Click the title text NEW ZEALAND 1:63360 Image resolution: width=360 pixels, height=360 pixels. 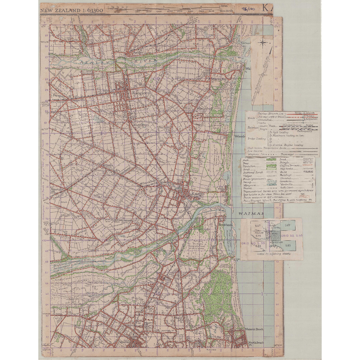(x=72, y=10)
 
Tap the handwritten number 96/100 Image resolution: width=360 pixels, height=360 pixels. (x=248, y=9)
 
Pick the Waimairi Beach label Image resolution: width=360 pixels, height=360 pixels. (x=254, y=329)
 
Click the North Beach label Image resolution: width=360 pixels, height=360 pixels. (x=256, y=343)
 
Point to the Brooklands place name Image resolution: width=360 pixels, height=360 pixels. (x=225, y=225)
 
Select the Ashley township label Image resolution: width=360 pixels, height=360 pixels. (x=138, y=52)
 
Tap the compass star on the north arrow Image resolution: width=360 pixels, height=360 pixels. (x=263, y=43)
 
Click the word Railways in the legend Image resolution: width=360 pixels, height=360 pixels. (x=252, y=127)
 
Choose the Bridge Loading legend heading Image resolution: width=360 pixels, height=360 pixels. (x=256, y=139)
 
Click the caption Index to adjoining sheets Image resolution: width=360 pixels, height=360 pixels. (x=274, y=254)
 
